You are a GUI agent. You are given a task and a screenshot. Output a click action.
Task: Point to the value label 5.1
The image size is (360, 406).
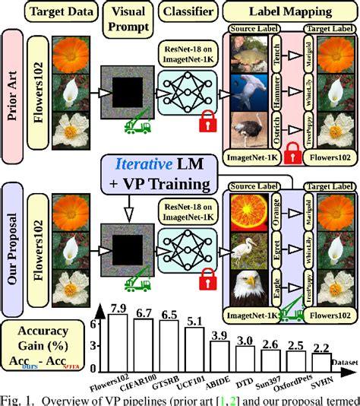[194, 320]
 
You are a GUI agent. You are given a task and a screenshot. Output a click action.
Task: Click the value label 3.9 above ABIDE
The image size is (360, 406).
[220, 335]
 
